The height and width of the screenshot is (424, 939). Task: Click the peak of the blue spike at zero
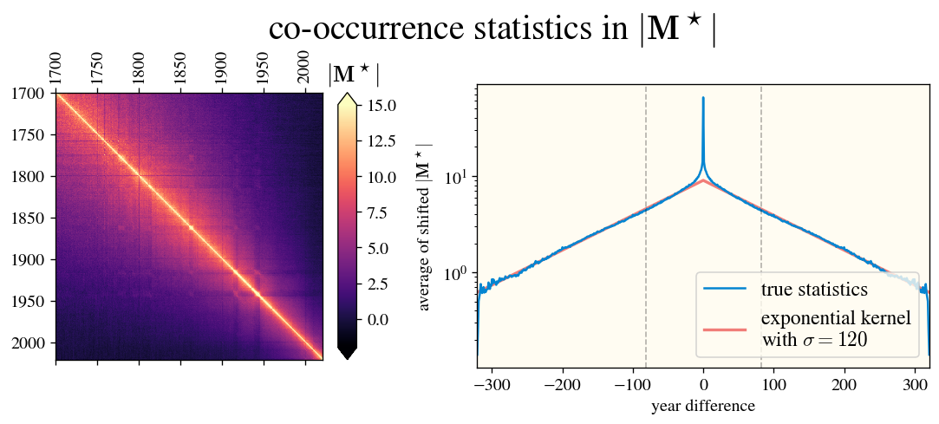tap(703, 98)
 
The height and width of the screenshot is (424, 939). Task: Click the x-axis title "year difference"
tap(702, 406)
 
